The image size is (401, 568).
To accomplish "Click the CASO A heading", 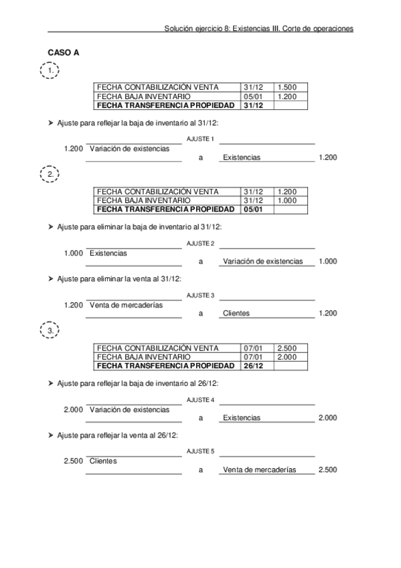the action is tap(64, 53).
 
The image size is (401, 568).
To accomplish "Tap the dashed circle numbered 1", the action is tap(50, 71).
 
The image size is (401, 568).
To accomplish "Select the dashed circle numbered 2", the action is tap(50, 175).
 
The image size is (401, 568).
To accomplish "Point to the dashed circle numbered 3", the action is tap(50, 331).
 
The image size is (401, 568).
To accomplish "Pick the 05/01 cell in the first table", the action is tap(254, 96).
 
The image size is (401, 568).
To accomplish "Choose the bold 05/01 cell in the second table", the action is tap(254, 209).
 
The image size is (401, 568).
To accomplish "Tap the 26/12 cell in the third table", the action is tap(254, 366).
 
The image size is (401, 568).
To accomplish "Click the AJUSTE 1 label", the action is tap(200, 139).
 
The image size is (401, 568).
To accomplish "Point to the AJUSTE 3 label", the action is tap(200, 295).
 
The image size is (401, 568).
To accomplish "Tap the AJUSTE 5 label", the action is tap(200, 451).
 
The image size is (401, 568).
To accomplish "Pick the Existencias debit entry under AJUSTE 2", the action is tap(108, 253).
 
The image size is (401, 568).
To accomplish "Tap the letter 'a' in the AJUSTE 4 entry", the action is tap(200, 418).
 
